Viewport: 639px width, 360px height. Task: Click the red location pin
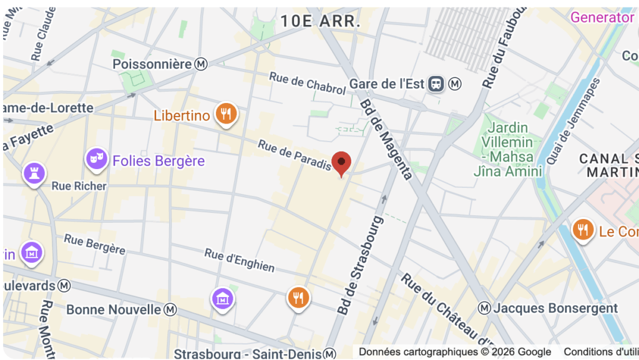point(341,163)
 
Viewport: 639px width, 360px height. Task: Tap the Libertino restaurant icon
point(226,114)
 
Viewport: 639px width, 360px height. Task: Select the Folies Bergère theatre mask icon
point(95,159)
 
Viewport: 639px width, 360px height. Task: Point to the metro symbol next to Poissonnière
point(201,64)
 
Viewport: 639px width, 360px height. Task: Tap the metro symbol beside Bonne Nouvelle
point(170,309)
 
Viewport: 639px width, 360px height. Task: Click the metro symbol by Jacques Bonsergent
point(484,308)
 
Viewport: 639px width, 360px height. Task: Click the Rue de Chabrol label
point(307,84)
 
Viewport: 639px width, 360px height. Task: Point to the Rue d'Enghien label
point(240,260)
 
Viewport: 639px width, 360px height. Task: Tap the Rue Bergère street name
point(95,244)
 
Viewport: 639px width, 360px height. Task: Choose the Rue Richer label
point(79,186)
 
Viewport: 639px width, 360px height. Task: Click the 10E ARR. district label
point(320,21)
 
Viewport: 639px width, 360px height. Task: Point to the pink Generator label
point(602,17)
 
